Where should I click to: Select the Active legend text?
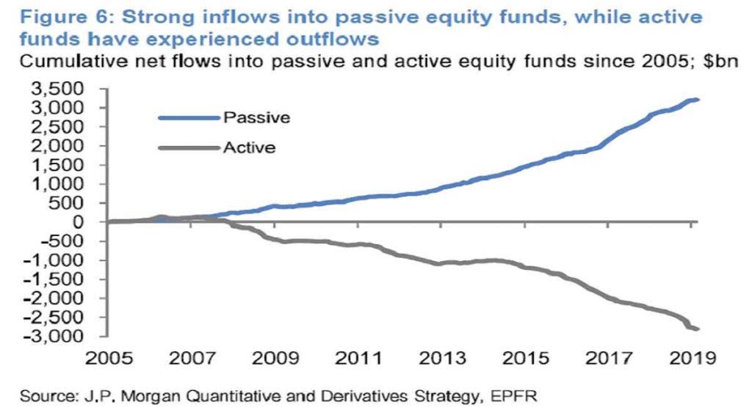(250, 147)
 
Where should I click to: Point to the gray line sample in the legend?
(189, 148)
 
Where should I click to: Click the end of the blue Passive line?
(697, 100)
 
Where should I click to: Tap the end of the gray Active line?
(697, 329)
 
